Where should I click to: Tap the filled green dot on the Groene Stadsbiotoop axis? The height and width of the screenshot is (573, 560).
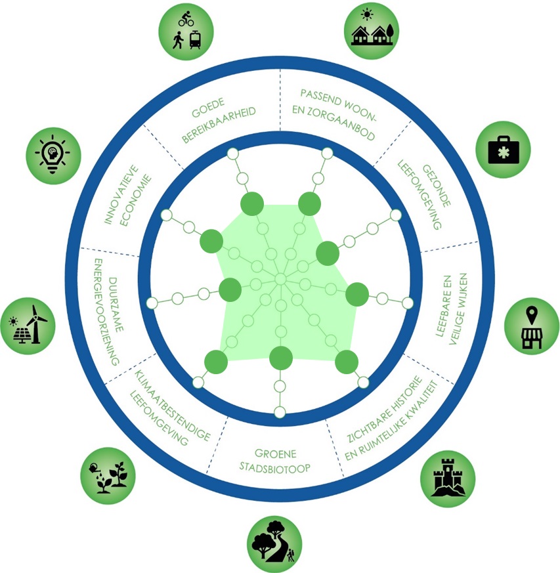(280, 357)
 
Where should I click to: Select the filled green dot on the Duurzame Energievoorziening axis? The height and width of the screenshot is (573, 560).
(230, 289)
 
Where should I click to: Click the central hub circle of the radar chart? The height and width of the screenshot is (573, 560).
(280, 280)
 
